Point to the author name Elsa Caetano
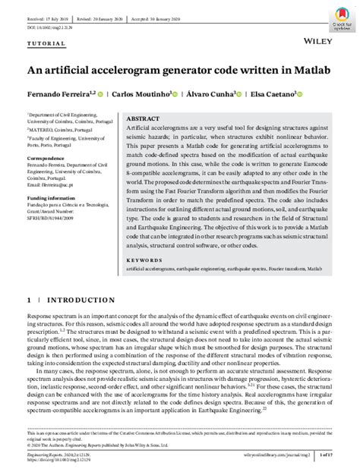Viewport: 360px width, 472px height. click(273, 95)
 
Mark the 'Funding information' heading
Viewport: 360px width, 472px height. click(55, 199)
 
